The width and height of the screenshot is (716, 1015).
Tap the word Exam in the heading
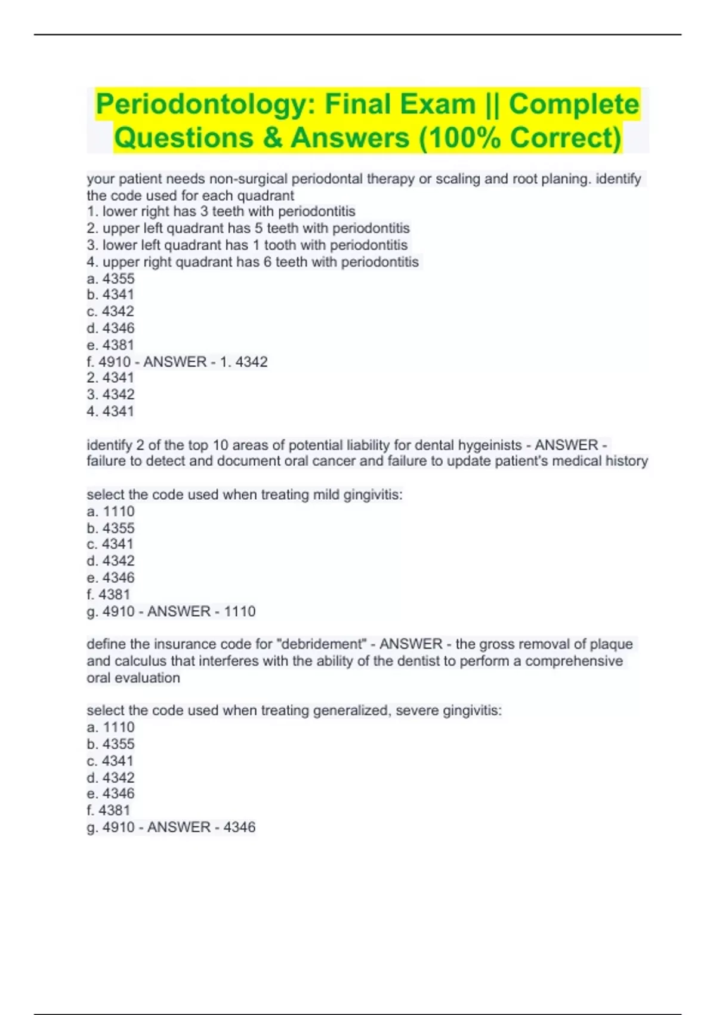(x=438, y=104)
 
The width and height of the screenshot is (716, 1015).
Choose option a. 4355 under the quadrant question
(x=111, y=279)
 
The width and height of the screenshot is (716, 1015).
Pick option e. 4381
(x=110, y=345)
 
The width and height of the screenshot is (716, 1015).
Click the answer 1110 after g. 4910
(x=240, y=611)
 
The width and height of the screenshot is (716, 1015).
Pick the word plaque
(x=611, y=644)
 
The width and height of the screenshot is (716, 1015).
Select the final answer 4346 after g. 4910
(x=240, y=827)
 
